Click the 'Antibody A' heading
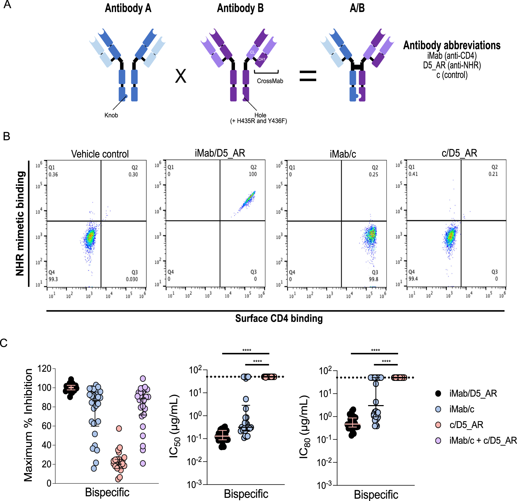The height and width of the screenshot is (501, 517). pos(128,8)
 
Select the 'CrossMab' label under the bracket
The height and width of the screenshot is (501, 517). pos(270,81)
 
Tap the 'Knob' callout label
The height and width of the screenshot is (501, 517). pos(111,115)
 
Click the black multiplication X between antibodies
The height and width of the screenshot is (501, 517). pos(181,77)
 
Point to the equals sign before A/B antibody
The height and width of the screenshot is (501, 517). pos(308,76)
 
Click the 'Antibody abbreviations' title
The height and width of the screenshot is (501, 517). pos(452,45)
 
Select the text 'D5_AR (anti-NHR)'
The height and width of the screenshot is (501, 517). pos(452,65)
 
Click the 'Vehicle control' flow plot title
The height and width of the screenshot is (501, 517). pos(100,154)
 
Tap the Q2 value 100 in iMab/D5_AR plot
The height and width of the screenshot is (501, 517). pos(253,174)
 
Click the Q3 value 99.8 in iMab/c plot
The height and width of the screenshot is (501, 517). pos(374,279)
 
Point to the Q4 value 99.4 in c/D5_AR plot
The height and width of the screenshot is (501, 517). pos(413,279)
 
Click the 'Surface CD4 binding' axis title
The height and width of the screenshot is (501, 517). pos(279,318)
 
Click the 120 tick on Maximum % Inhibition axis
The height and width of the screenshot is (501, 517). pos(44,369)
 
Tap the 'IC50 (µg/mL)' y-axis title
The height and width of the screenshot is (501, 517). pos(174,426)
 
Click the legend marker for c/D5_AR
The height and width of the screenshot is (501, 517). pos(438,425)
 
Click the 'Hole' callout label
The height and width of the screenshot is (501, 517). pos(260,115)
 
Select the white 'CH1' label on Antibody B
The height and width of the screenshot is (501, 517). pos(261,60)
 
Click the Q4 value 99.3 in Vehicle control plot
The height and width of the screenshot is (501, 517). pos(53,279)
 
